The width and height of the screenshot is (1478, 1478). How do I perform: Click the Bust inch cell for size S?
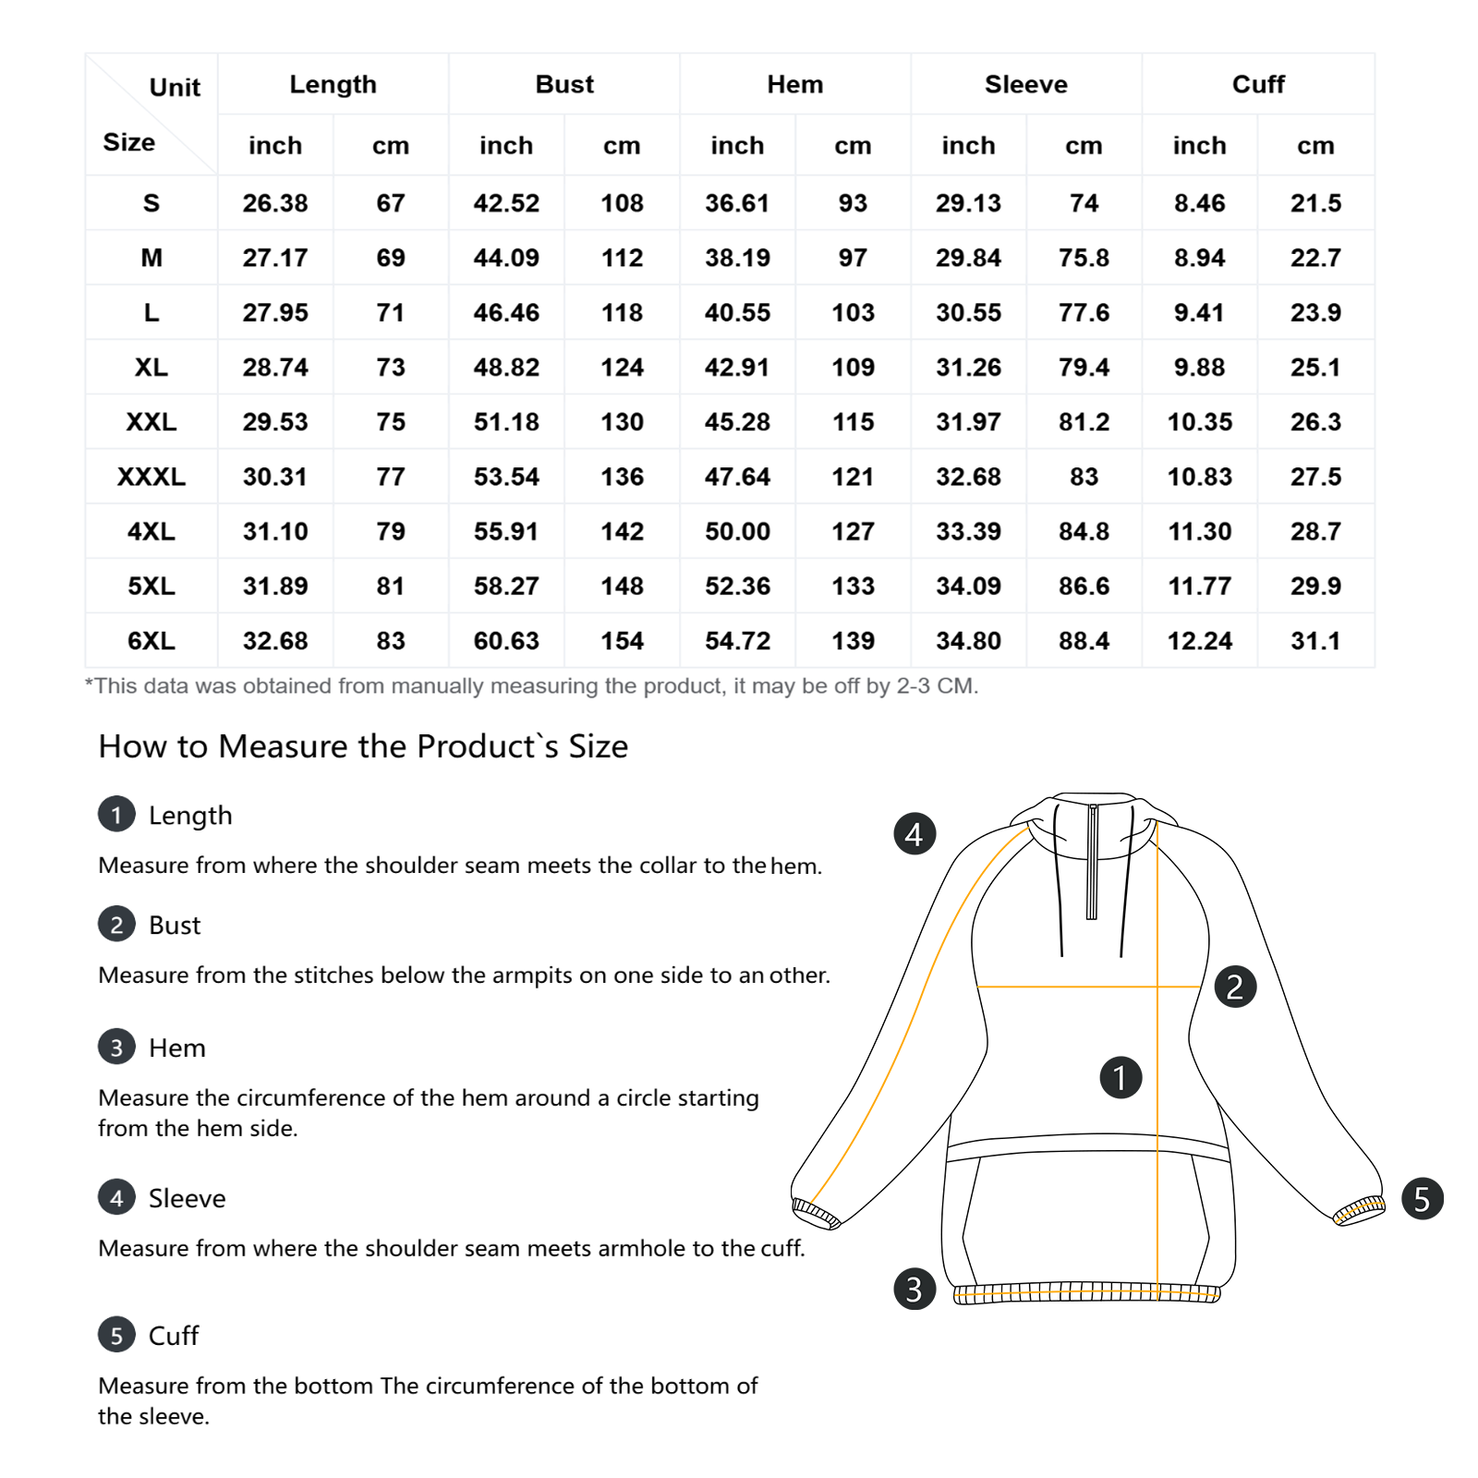tap(506, 203)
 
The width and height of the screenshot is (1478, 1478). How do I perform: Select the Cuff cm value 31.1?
tap(1315, 641)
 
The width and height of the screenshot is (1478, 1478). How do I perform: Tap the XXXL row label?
tap(151, 477)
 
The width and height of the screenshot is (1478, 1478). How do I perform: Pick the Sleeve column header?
tap(1025, 85)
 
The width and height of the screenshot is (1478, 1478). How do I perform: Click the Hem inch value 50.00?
tap(737, 532)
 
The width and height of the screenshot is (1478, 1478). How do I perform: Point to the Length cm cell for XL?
tap(391, 368)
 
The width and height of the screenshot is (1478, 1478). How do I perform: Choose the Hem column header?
tap(794, 85)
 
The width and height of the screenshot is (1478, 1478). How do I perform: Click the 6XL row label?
tap(151, 641)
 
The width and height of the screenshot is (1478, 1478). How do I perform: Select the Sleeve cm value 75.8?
tap(1084, 258)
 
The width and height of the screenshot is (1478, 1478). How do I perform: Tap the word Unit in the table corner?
tap(175, 88)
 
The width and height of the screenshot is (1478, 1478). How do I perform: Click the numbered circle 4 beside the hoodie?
tap(915, 834)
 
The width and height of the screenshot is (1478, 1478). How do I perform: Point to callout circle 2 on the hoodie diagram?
tap(1235, 987)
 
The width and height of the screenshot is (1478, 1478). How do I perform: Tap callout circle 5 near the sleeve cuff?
tap(1422, 1199)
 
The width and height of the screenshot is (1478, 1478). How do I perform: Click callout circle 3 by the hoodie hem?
tap(915, 1290)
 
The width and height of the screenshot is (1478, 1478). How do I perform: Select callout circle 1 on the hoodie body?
tap(1121, 1078)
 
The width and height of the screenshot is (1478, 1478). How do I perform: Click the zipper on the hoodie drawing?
tap(1092, 864)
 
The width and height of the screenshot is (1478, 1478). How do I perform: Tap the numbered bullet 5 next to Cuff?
tap(116, 1335)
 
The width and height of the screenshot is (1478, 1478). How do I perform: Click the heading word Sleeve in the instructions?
tap(187, 1199)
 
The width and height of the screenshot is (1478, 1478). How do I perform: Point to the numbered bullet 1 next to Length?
tap(116, 815)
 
